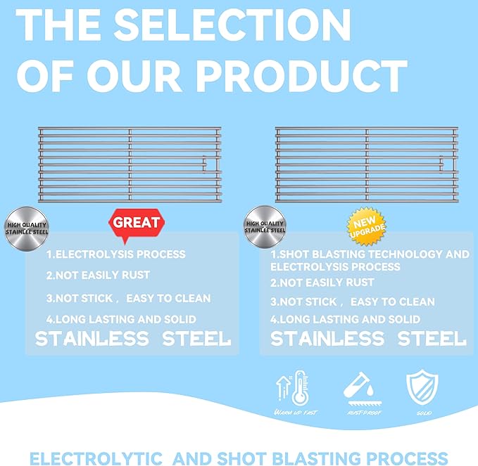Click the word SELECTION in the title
click(232, 25)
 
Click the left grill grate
click(130, 164)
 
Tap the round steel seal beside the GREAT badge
click(25, 226)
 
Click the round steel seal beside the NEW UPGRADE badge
click(265, 226)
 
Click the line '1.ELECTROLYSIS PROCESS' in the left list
click(116, 254)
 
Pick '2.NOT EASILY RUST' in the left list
click(98, 276)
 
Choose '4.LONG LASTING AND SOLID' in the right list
click(345, 320)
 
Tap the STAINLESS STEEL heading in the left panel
click(133, 339)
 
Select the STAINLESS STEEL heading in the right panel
click(368, 339)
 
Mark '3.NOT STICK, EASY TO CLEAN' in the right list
click(352, 302)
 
